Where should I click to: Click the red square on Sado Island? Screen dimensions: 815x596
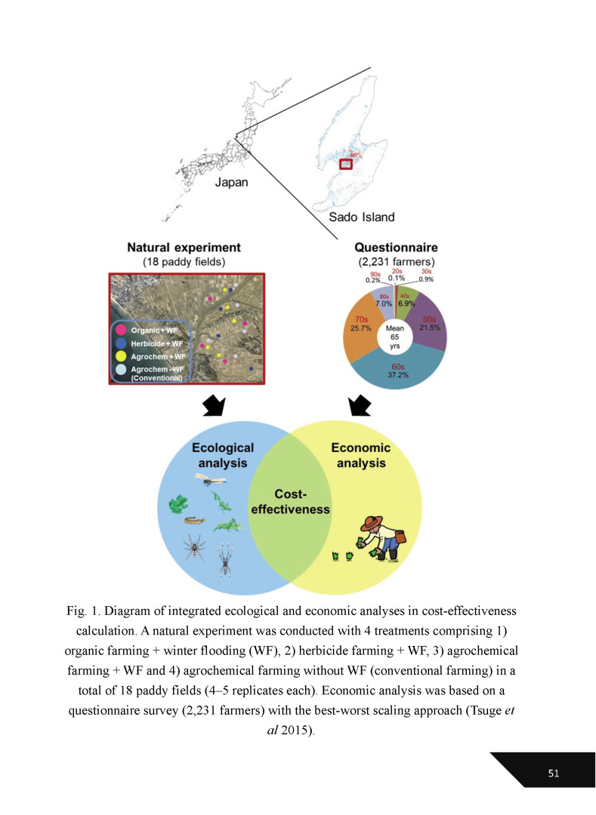[x=346, y=164]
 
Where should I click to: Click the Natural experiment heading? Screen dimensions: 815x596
[x=184, y=247]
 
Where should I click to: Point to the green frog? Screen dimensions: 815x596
[x=179, y=503]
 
